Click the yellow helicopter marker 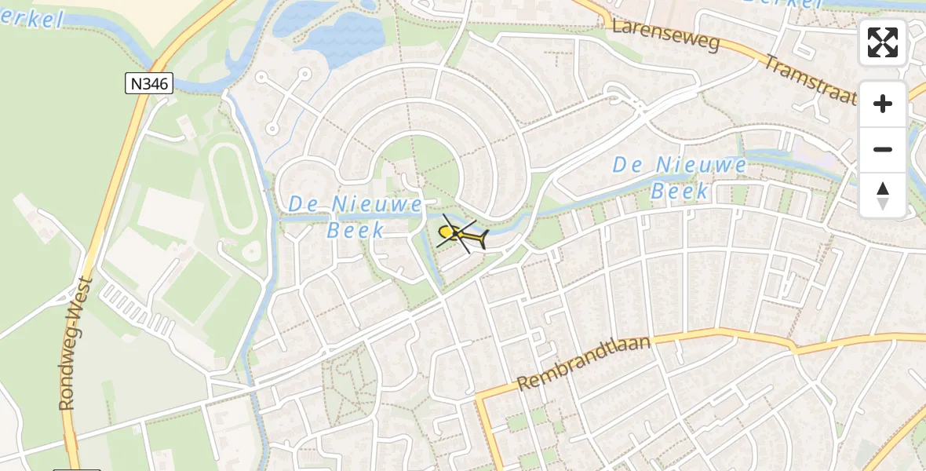(461, 234)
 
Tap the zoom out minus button (883, 149)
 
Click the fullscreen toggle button (883, 42)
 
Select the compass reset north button (883, 195)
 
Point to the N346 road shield (148, 83)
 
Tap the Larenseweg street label (666, 36)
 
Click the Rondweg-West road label (77, 342)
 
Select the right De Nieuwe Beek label (680, 177)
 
